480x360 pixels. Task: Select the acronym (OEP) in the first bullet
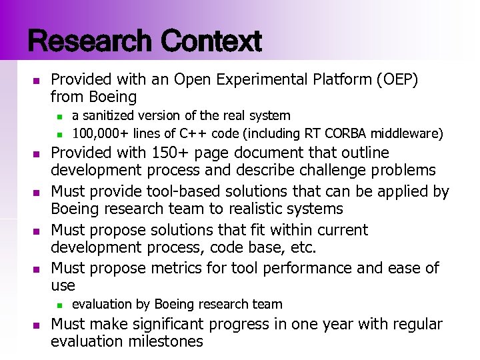click(x=397, y=80)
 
